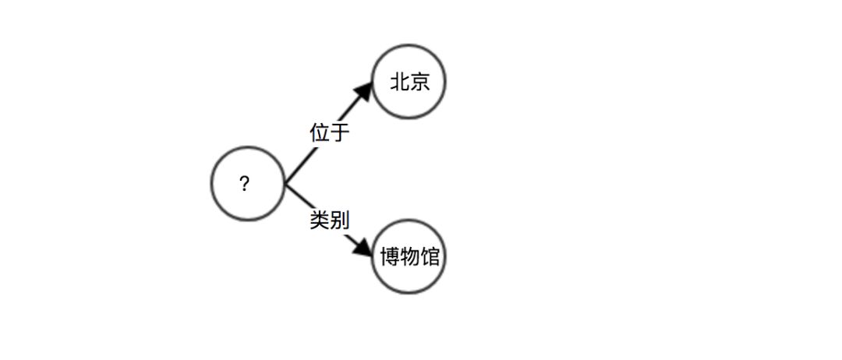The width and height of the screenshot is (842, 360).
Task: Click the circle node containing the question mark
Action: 247,184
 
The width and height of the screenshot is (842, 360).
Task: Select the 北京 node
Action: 409,82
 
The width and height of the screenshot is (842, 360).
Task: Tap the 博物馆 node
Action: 409,256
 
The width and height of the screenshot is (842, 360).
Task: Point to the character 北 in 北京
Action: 400,82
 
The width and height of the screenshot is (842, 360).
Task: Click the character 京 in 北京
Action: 419,82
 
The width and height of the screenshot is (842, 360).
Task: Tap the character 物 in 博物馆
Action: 409,257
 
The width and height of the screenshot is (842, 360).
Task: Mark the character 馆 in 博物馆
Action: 430,257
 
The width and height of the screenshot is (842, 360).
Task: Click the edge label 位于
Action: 329,132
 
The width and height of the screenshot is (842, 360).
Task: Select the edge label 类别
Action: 329,221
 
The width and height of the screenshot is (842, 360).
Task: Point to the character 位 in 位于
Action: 319,132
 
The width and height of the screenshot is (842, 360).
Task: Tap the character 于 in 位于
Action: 339,132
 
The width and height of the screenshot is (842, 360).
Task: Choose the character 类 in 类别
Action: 319,221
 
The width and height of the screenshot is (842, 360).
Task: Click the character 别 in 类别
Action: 339,221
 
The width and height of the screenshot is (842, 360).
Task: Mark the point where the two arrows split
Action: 285,185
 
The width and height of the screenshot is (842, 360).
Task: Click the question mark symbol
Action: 245,185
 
